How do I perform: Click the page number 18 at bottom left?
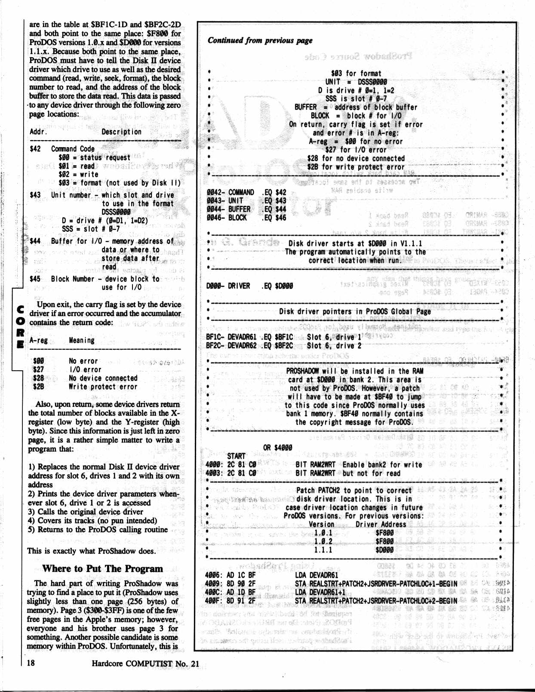pos(31,663)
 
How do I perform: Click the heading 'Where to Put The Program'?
pos(102,569)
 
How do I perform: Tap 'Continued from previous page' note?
pos(260,40)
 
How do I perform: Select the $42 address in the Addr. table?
pos(35,149)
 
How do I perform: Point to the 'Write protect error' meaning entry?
pos(103,387)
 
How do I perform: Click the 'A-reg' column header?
pos(38,340)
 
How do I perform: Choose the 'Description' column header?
pos(121,132)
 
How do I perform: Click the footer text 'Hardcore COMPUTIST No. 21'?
pos(145,663)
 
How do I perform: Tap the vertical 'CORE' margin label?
pos(20,327)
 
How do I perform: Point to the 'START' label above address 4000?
pos(236,456)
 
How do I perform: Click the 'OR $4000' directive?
pos(277,447)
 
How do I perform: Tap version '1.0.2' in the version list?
pos(323,541)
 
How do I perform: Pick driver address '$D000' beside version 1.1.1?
pos(384,550)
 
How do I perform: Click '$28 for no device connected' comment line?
pos(356,158)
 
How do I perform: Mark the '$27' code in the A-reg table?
pos(38,369)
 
